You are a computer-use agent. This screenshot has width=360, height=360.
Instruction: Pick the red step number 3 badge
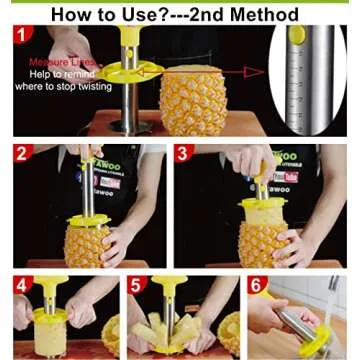point(182,154)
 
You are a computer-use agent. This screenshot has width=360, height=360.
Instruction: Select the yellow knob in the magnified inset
point(297,35)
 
